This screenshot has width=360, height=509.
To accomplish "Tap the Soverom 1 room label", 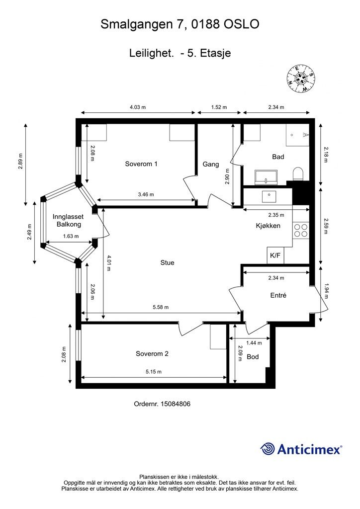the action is pos(141,164).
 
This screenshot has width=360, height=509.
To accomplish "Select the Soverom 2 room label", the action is pos(152,354).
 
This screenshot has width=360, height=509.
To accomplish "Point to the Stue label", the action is pos(167,262).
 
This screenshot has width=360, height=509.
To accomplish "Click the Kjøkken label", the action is pos(268,226).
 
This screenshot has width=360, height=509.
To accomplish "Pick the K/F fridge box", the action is pos(275,255).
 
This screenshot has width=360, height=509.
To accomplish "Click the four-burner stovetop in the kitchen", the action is pos(301,230).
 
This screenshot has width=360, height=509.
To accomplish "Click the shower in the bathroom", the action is pos(298,135).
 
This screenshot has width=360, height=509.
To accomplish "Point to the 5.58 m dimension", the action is pos(161,307).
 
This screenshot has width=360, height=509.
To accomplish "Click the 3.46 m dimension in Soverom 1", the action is pos(146,194).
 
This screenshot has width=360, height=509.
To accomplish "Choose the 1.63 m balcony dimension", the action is pos(71,236).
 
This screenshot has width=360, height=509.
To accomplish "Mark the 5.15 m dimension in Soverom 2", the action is pos(154,372).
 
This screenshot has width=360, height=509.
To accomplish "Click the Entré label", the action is pos(278,295).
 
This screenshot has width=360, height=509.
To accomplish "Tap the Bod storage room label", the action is pos(253,357).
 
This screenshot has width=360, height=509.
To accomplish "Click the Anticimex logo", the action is pos(301,449).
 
